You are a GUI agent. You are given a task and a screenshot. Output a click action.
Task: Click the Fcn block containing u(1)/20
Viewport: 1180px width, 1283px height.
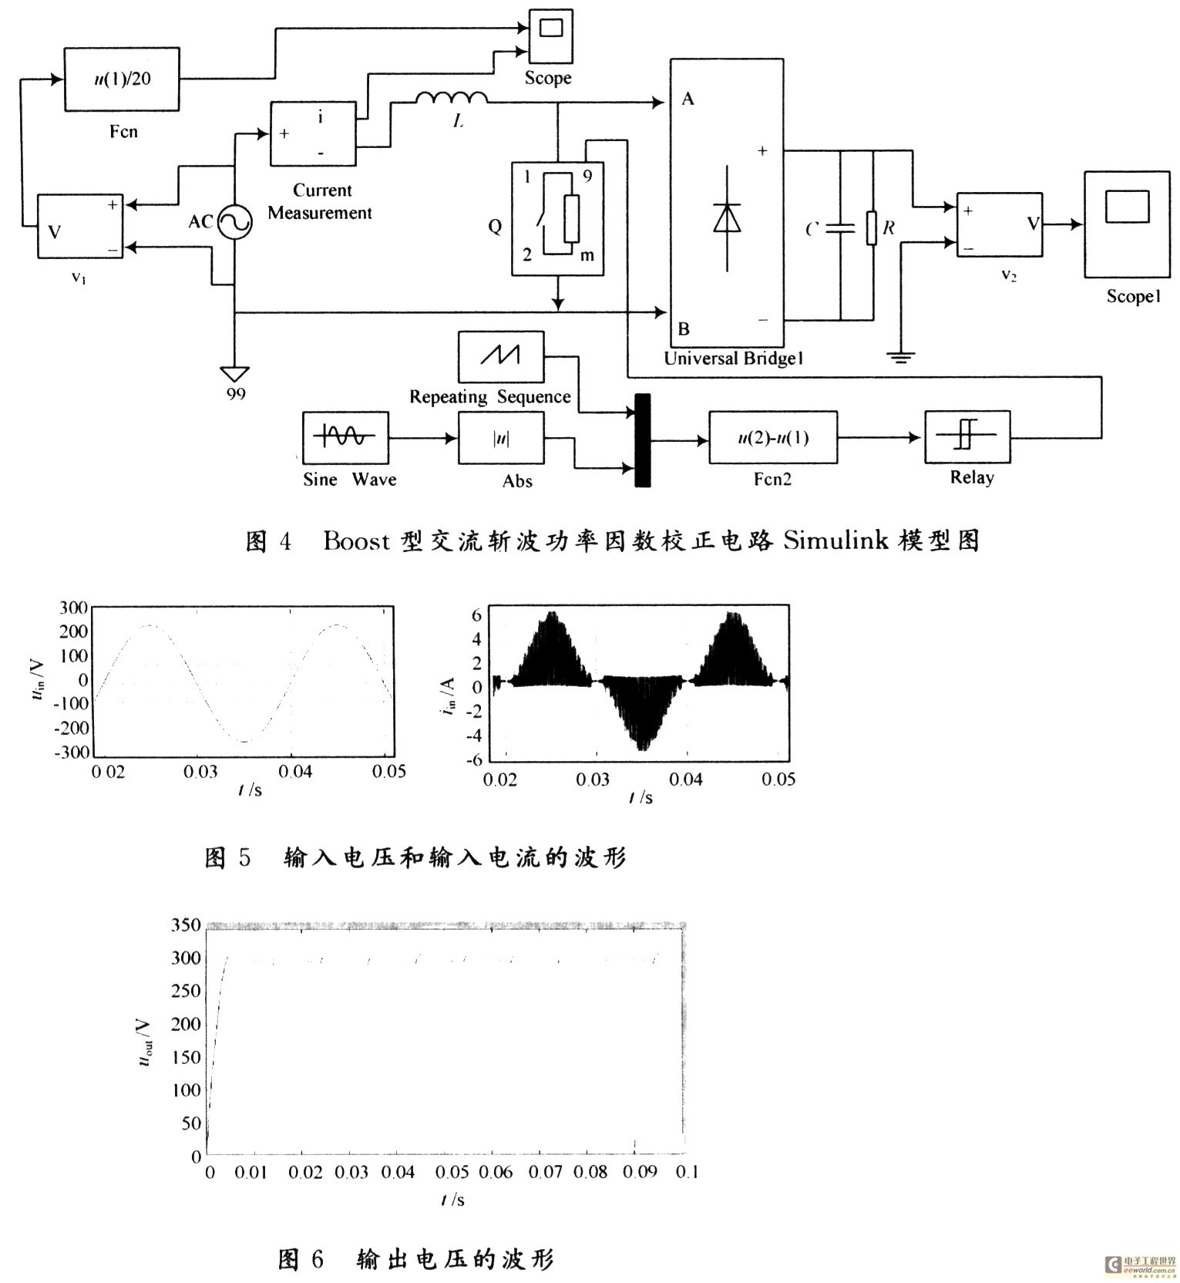point(122,79)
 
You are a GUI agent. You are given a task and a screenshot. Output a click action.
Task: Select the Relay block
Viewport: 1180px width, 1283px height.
point(967,437)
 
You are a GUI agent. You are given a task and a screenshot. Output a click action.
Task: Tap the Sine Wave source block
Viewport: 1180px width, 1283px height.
point(345,437)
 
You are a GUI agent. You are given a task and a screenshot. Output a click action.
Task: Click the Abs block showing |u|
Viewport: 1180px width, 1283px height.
point(501,438)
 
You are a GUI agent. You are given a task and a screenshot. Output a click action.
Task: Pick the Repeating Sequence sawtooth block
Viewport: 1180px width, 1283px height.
point(501,356)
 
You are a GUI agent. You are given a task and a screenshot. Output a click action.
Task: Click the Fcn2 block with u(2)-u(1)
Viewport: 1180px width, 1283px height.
point(773,438)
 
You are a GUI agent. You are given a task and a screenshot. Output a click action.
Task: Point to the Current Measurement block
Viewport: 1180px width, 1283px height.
point(313,133)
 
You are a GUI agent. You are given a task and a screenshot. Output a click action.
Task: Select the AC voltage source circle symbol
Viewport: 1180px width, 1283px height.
point(234,223)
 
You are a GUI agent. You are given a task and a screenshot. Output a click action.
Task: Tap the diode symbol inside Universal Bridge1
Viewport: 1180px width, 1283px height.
point(727,217)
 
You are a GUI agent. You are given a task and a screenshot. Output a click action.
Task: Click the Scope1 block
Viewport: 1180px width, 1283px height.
point(1127,224)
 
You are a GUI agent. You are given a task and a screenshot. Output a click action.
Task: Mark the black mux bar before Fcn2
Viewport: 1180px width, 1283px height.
point(642,440)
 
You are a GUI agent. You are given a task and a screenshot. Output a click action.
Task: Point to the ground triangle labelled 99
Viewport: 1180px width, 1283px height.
point(234,374)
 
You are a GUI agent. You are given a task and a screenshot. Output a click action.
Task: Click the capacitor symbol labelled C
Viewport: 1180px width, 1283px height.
point(840,229)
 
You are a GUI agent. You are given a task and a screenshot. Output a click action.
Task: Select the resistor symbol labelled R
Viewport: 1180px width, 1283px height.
point(872,228)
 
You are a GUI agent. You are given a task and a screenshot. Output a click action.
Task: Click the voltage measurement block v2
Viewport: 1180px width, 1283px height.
point(1000,224)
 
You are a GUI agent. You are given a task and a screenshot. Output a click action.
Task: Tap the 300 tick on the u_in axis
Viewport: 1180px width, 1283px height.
point(74,608)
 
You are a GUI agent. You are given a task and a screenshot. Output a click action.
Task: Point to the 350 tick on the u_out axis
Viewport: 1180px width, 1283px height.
point(186,924)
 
